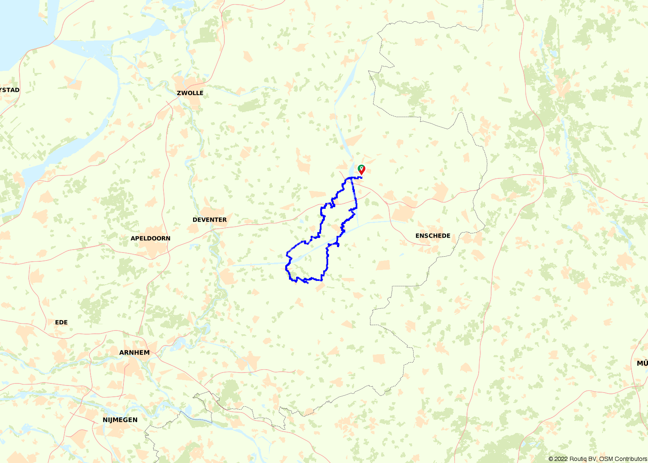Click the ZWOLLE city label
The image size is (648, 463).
pyautogui.click(x=190, y=93)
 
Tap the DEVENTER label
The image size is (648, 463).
pyautogui.click(x=210, y=220)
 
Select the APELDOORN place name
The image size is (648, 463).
pyautogui.click(x=151, y=238)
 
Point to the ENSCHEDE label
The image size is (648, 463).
pyautogui.click(x=433, y=235)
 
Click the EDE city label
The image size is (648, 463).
pyautogui.click(x=61, y=322)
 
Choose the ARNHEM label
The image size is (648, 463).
pyautogui.click(x=134, y=353)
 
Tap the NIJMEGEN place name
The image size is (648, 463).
pyautogui.click(x=120, y=420)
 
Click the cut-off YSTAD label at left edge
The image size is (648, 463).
pyautogui.click(x=10, y=90)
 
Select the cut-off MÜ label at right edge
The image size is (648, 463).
pyautogui.click(x=642, y=363)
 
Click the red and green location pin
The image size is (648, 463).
pyautogui.click(x=362, y=170)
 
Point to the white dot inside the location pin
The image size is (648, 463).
pyautogui.click(x=362, y=168)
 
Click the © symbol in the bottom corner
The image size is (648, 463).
pyautogui.click(x=551, y=459)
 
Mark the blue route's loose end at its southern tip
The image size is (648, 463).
pyautogui.click(x=308, y=283)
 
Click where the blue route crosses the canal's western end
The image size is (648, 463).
pyautogui.click(x=292, y=261)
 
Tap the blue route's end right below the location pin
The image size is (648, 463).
pyautogui.click(x=362, y=178)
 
